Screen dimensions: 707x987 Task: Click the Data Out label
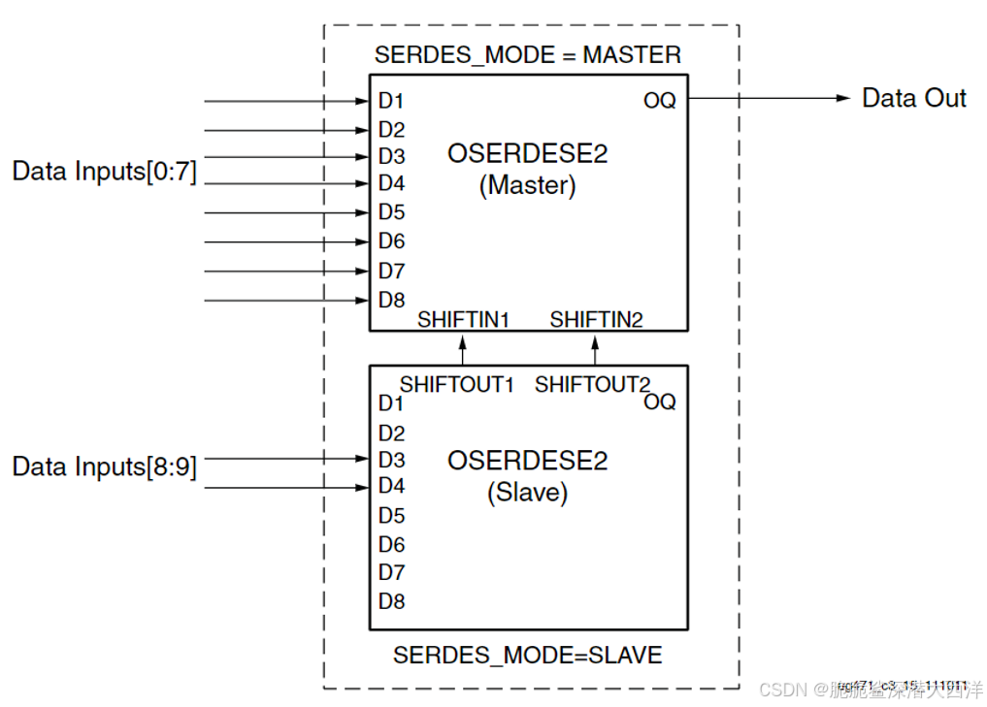point(913,98)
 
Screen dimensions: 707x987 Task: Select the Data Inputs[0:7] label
point(104,172)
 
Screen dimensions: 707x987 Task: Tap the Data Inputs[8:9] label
point(104,466)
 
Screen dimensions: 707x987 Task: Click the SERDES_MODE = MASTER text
point(527,54)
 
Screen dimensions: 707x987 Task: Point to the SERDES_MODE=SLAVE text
point(527,656)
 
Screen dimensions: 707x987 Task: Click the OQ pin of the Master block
point(659,101)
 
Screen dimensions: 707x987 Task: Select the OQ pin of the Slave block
point(659,402)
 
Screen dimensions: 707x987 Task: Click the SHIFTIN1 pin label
point(463,319)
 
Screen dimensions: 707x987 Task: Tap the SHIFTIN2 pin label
point(596,319)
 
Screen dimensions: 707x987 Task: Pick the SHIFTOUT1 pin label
point(456,384)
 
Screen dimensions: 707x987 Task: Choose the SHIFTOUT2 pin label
point(592,384)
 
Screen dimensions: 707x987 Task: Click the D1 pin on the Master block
point(391,101)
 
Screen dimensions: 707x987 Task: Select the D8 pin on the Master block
point(391,300)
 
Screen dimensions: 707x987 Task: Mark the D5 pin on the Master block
point(391,212)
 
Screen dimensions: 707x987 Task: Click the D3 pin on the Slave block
point(391,459)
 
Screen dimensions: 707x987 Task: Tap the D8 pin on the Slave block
point(391,601)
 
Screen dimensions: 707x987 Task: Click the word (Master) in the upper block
point(527,185)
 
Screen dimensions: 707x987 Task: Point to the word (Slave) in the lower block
point(527,493)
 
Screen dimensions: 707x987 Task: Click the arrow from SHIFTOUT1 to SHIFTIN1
point(463,349)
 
